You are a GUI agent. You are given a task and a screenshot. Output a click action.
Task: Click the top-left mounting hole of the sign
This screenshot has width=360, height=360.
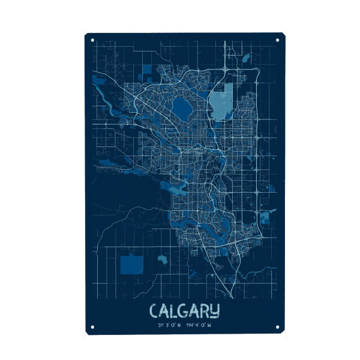[x=92, y=40]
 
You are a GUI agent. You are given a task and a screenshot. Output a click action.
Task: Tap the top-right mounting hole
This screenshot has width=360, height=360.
[x=277, y=40]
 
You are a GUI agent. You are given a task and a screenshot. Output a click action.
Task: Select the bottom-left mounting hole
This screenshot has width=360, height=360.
[x=92, y=327]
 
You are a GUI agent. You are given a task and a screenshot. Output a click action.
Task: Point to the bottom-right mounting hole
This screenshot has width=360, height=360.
[x=277, y=327]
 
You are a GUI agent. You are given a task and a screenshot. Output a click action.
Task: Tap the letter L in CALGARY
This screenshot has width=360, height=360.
[x=174, y=311]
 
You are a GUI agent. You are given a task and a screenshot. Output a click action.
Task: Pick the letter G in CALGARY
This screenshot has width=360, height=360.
[x=184, y=311]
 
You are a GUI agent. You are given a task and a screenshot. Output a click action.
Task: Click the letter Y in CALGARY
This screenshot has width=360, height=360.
[x=215, y=311]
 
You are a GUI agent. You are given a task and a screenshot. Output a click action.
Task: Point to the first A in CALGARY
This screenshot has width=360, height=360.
[x=164, y=311]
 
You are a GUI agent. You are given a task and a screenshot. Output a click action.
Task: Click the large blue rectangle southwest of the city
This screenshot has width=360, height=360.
[x=131, y=265]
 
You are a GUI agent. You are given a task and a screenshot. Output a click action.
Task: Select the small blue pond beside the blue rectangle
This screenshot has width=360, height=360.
[x=162, y=260]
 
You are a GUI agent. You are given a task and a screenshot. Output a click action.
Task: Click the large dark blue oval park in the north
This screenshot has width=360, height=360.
[x=181, y=108]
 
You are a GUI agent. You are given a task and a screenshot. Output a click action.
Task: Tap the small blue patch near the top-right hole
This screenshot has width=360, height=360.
[x=246, y=58]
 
